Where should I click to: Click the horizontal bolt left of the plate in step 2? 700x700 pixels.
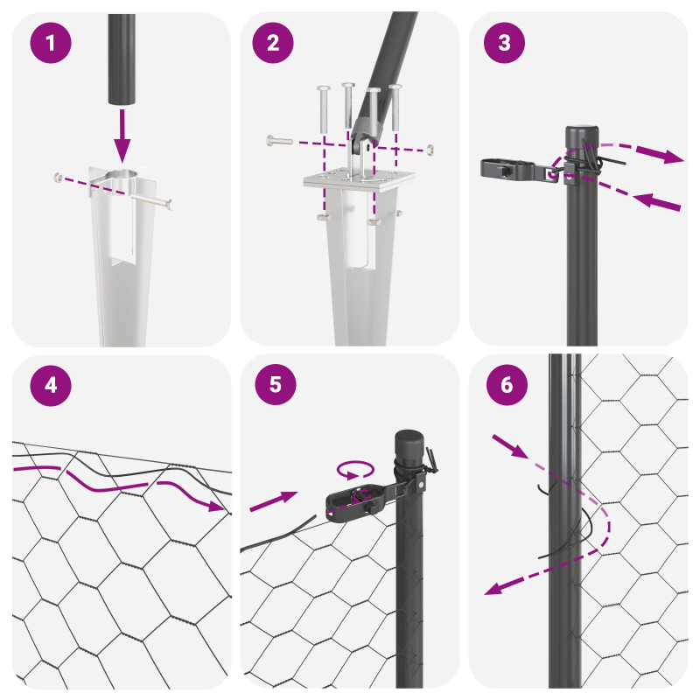click(x=278, y=140)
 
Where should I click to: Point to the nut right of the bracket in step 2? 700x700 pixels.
click(x=430, y=150)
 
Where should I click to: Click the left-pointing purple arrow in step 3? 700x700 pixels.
click(x=652, y=201)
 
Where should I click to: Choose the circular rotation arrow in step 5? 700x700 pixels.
click(x=353, y=471)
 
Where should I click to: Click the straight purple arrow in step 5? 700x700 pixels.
click(x=273, y=501)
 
